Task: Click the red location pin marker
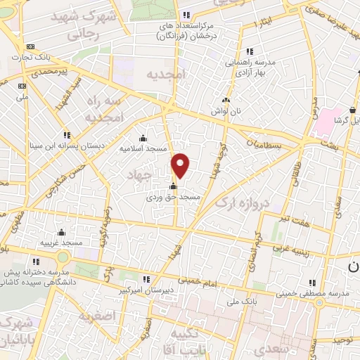[x=181, y=165]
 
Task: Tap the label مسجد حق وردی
[x=174, y=198]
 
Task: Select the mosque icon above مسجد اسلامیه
[x=143, y=138]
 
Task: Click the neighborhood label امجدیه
[x=166, y=75]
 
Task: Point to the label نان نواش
[x=226, y=111]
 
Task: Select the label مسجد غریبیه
[x=61, y=243]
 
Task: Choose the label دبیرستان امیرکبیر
[x=145, y=289]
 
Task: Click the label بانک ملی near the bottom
[x=239, y=302]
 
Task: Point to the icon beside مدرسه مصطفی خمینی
[x=310, y=283]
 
